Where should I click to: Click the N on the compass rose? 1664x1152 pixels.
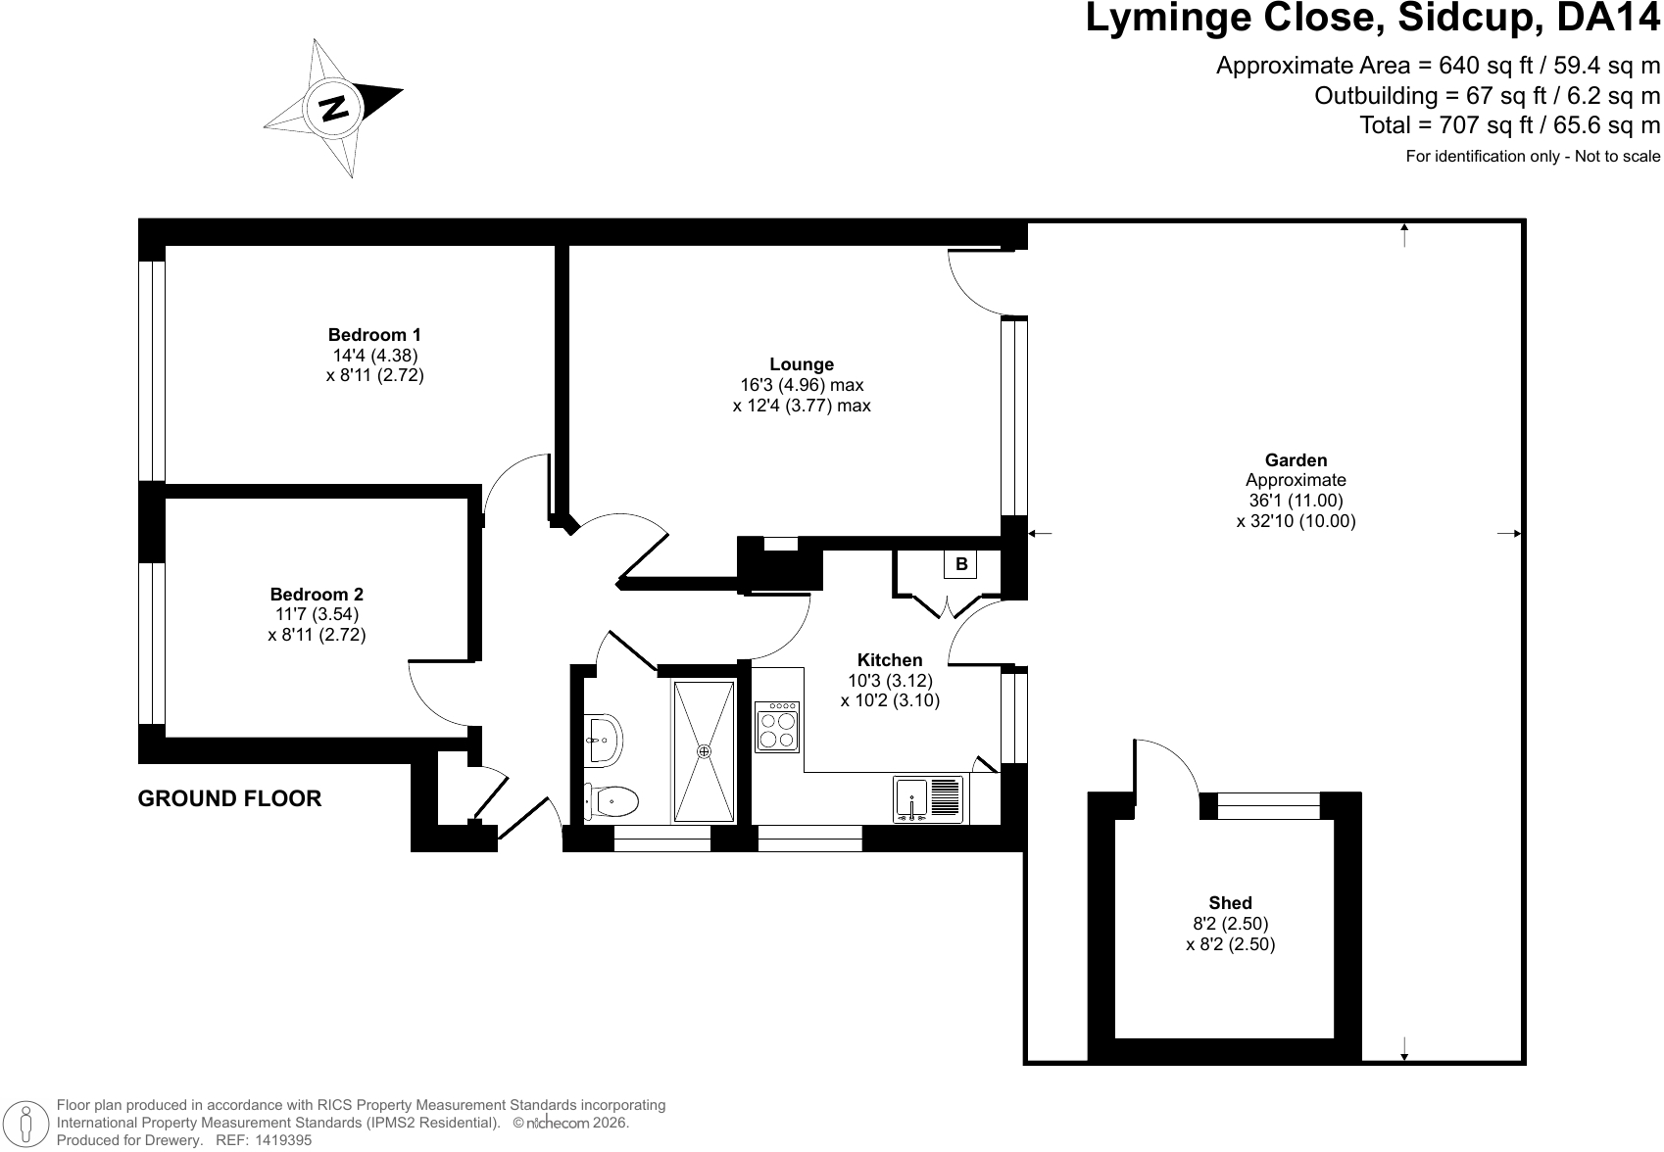pyautogui.click(x=333, y=109)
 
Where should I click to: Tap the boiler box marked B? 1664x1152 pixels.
pyautogui.click(x=960, y=564)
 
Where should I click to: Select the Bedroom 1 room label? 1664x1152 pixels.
pyautogui.click(x=374, y=335)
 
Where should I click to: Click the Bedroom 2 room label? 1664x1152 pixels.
pyautogui.click(x=317, y=595)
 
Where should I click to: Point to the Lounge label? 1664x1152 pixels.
pyautogui.click(x=802, y=364)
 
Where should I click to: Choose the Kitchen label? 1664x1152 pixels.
pyautogui.click(x=890, y=659)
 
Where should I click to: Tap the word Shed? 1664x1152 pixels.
pyautogui.click(x=1230, y=903)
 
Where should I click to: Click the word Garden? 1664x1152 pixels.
pyautogui.click(x=1297, y=459)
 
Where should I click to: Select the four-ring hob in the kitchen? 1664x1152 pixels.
pyautogui.click(x=777, y=727)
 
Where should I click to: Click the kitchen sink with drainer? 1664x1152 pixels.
pyautogui.click(x=928, y=800)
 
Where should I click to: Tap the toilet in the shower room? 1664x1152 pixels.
pyautogui.click(x=612, y=801)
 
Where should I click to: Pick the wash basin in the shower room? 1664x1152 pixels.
pyautogui.click(x=603, y=741)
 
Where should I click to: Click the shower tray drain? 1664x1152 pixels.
pyautogui.click(x=704, y=751)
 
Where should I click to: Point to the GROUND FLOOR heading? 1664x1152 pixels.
pyautogui.click(x=229, y=798)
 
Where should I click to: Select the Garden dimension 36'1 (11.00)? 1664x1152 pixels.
pyautogui.click(x=1297, y=501)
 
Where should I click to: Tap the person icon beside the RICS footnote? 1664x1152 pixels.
pyautogui.click(x=26, y=1123)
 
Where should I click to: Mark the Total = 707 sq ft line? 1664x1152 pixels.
pyautogui.click(x=1509, y=125)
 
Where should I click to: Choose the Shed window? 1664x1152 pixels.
pyautogui.click(x=1269, y=806)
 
